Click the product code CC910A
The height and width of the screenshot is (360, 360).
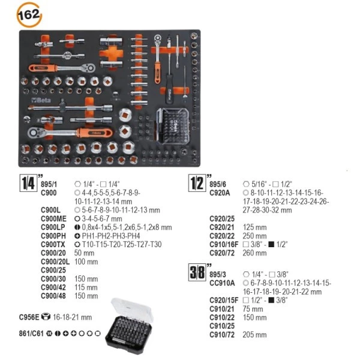click(221, 283)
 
